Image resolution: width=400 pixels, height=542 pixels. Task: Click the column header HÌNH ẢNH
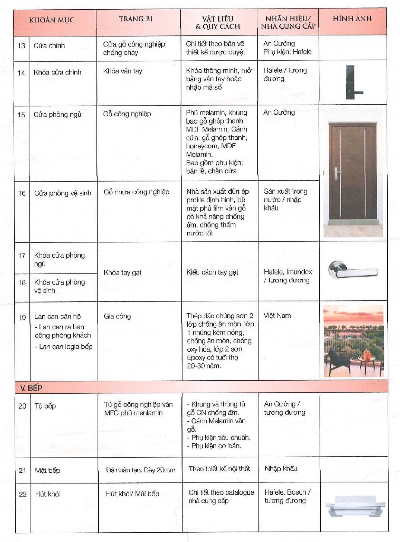coord(352,19)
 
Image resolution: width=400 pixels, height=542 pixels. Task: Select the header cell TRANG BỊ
coord(136,19)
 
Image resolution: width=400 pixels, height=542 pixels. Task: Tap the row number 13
coord(21,46)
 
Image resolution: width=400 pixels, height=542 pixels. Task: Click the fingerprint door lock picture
coord(350,82)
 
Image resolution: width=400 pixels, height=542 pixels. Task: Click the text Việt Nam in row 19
coord(277,316)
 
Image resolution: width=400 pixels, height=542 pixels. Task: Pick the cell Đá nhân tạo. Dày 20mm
coord(140,470)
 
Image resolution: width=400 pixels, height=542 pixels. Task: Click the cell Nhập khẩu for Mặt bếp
coord(281,469)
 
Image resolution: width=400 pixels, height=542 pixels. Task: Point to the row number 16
coord(22,193)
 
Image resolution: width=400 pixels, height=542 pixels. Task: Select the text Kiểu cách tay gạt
coord(212,272)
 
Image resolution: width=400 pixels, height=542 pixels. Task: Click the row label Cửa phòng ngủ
coord(57,115)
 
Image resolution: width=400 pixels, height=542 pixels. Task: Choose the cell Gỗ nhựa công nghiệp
coord(136,192)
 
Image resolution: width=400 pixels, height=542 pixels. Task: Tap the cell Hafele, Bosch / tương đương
coord(287,496)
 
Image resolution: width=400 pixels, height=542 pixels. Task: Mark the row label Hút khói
coord(47,494)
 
